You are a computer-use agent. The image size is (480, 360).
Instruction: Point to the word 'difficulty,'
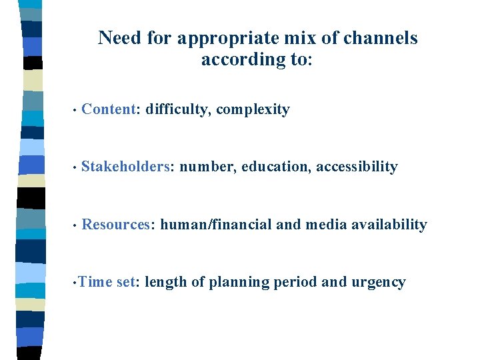178,110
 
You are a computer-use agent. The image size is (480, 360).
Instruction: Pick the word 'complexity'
253,110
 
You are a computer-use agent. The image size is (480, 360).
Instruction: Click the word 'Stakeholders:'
127,167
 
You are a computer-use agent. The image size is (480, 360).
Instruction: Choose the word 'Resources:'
118,225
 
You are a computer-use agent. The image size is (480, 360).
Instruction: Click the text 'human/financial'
216,225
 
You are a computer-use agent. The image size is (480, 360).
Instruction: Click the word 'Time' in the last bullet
95,282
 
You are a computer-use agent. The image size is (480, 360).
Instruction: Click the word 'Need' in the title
121,38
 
